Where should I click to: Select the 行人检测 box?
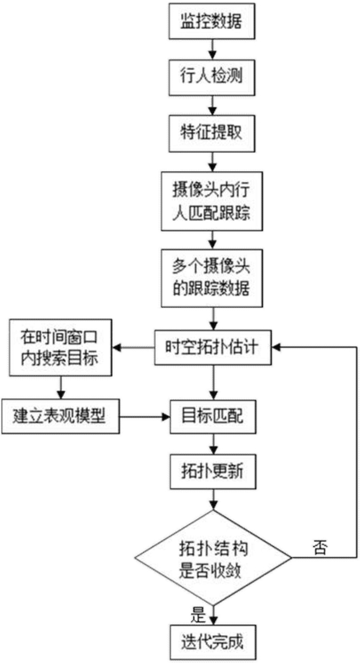pyautogui.click(x=213, y=76)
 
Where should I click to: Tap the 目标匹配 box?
pyautogui.click(x=213, y=417)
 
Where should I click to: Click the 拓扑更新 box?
pyautogui.click(x=213, y=473)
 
